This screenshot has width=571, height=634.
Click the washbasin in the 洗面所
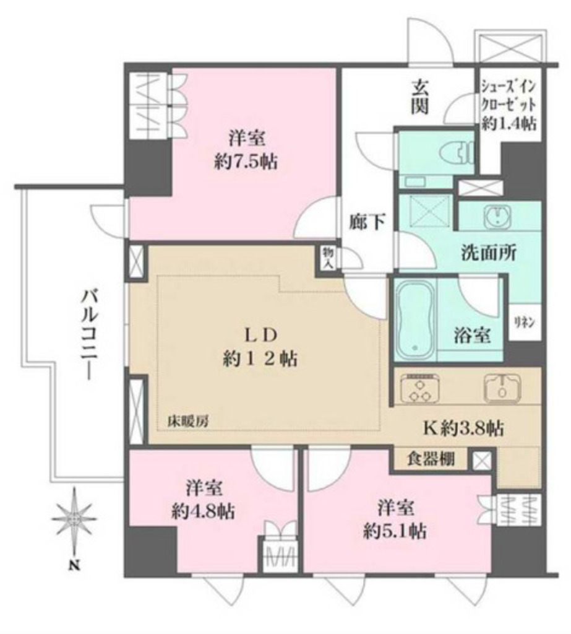(499, 217)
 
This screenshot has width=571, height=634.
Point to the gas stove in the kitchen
(419, 389)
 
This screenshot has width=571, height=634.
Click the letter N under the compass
(74, 564)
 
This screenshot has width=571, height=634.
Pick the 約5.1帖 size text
(394, 531)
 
